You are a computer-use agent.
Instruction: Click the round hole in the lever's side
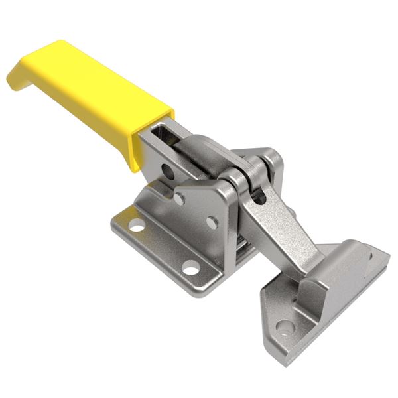tap(168, 173)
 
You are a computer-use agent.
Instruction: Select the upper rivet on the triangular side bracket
tap(180, 198)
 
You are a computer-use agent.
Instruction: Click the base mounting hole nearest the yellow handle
tap(137, 224)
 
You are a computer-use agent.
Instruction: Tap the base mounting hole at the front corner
tap(191, 268)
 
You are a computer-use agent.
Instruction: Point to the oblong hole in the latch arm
tap(259, 197)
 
